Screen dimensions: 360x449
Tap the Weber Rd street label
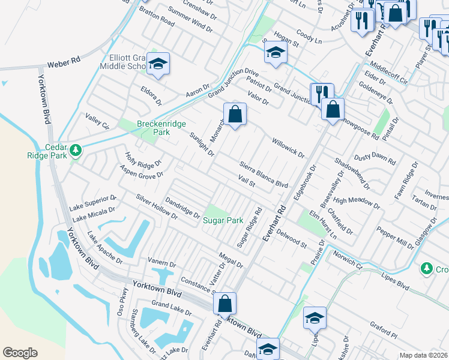[64, 62]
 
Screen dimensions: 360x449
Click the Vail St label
[247, 181]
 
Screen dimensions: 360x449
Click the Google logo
[20, 353]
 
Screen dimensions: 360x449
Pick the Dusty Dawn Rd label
[375, 159]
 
